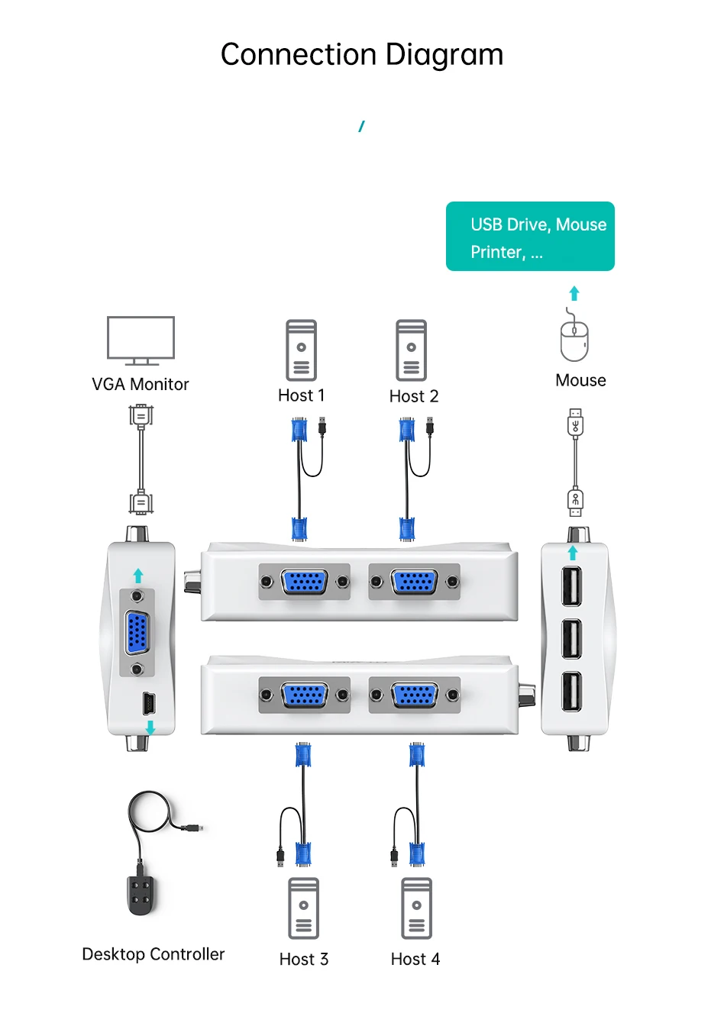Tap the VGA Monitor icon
click(141, 340)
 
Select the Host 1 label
click(301, 395)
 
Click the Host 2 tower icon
click(411, 350)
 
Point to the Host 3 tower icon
click(303, 908)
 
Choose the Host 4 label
click(415, 960)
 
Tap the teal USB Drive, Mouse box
click(530, 237)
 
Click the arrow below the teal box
click(574, 293)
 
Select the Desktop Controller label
click(153, 954)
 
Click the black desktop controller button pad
click(141, 894)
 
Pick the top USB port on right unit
click(571, 586)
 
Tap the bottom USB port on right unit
click(571, 691)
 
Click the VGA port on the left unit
click(137, 632)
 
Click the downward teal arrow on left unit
click(150, 727)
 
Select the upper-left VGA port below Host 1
click(305, 582)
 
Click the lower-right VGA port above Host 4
click(415, 695)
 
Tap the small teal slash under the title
click(361, 126)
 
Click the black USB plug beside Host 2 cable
click(431, 425)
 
